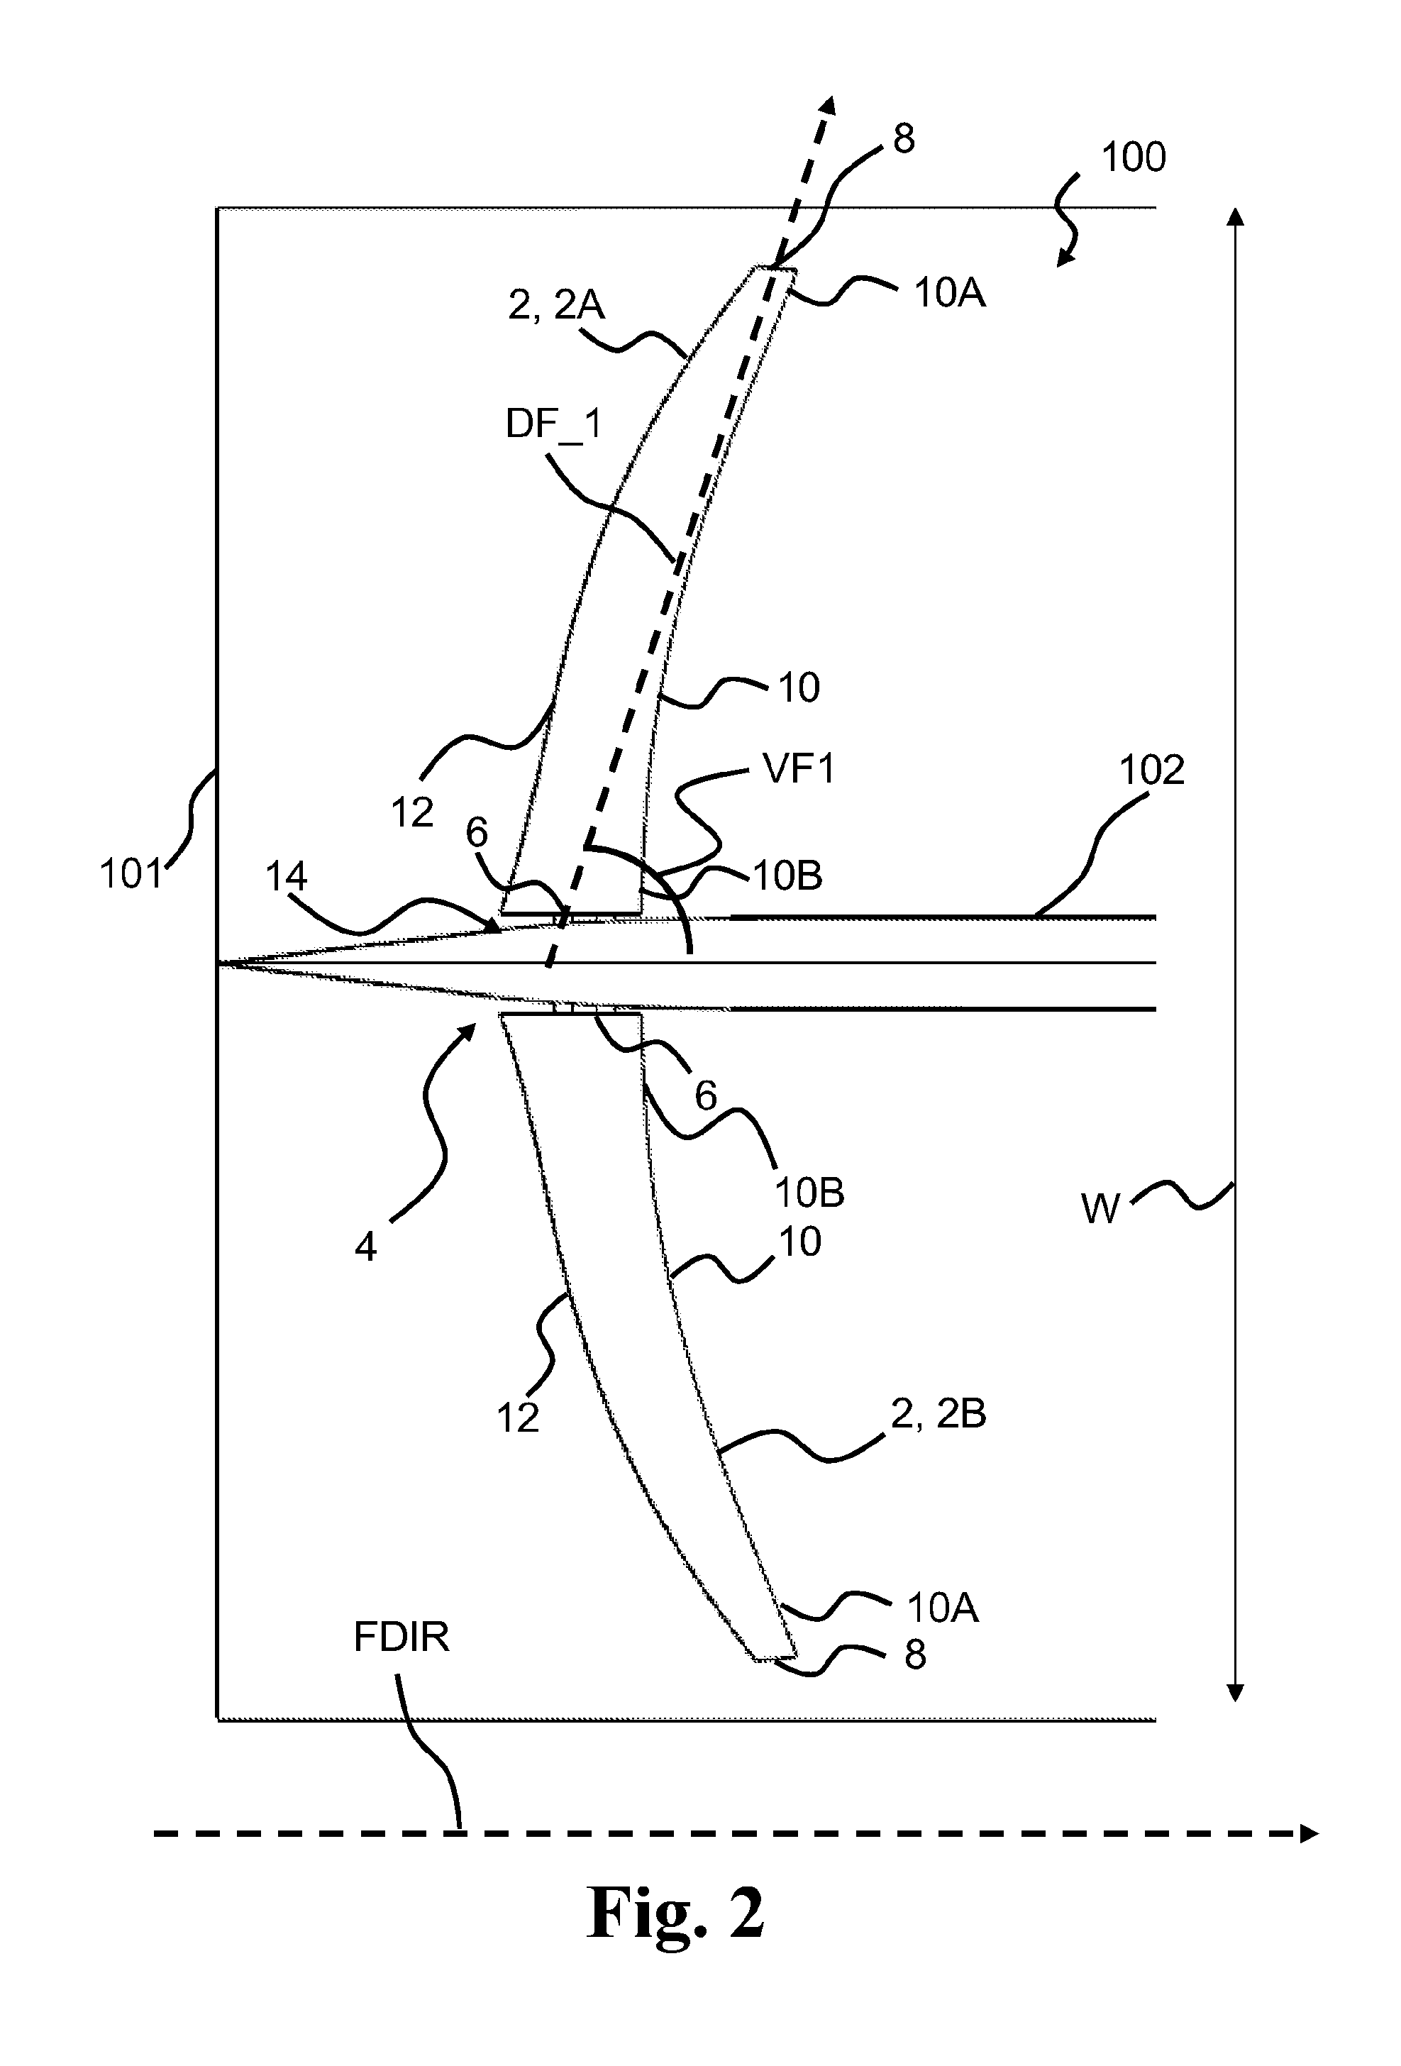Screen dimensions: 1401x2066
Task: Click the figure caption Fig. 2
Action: coord(675,1913)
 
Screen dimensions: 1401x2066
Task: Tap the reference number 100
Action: coord(1134,158)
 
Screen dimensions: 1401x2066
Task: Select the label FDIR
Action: coord(402,1637)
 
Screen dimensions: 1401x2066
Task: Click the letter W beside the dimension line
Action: coord(1100,1209)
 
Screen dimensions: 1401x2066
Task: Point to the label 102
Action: coord(1151,770)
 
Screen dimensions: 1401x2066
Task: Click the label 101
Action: coord(131,874)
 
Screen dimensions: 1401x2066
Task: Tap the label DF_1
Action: coord(554,425)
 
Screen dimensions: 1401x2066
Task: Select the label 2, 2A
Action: coord(556,306)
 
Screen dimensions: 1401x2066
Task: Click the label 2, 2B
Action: coord(938,1413)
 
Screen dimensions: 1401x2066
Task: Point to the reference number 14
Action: coord(287,878)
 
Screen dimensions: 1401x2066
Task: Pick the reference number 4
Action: coord(365,1247)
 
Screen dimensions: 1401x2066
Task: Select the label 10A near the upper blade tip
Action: coord(949,293)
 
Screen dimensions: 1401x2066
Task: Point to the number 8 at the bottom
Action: coord(916,1655)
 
